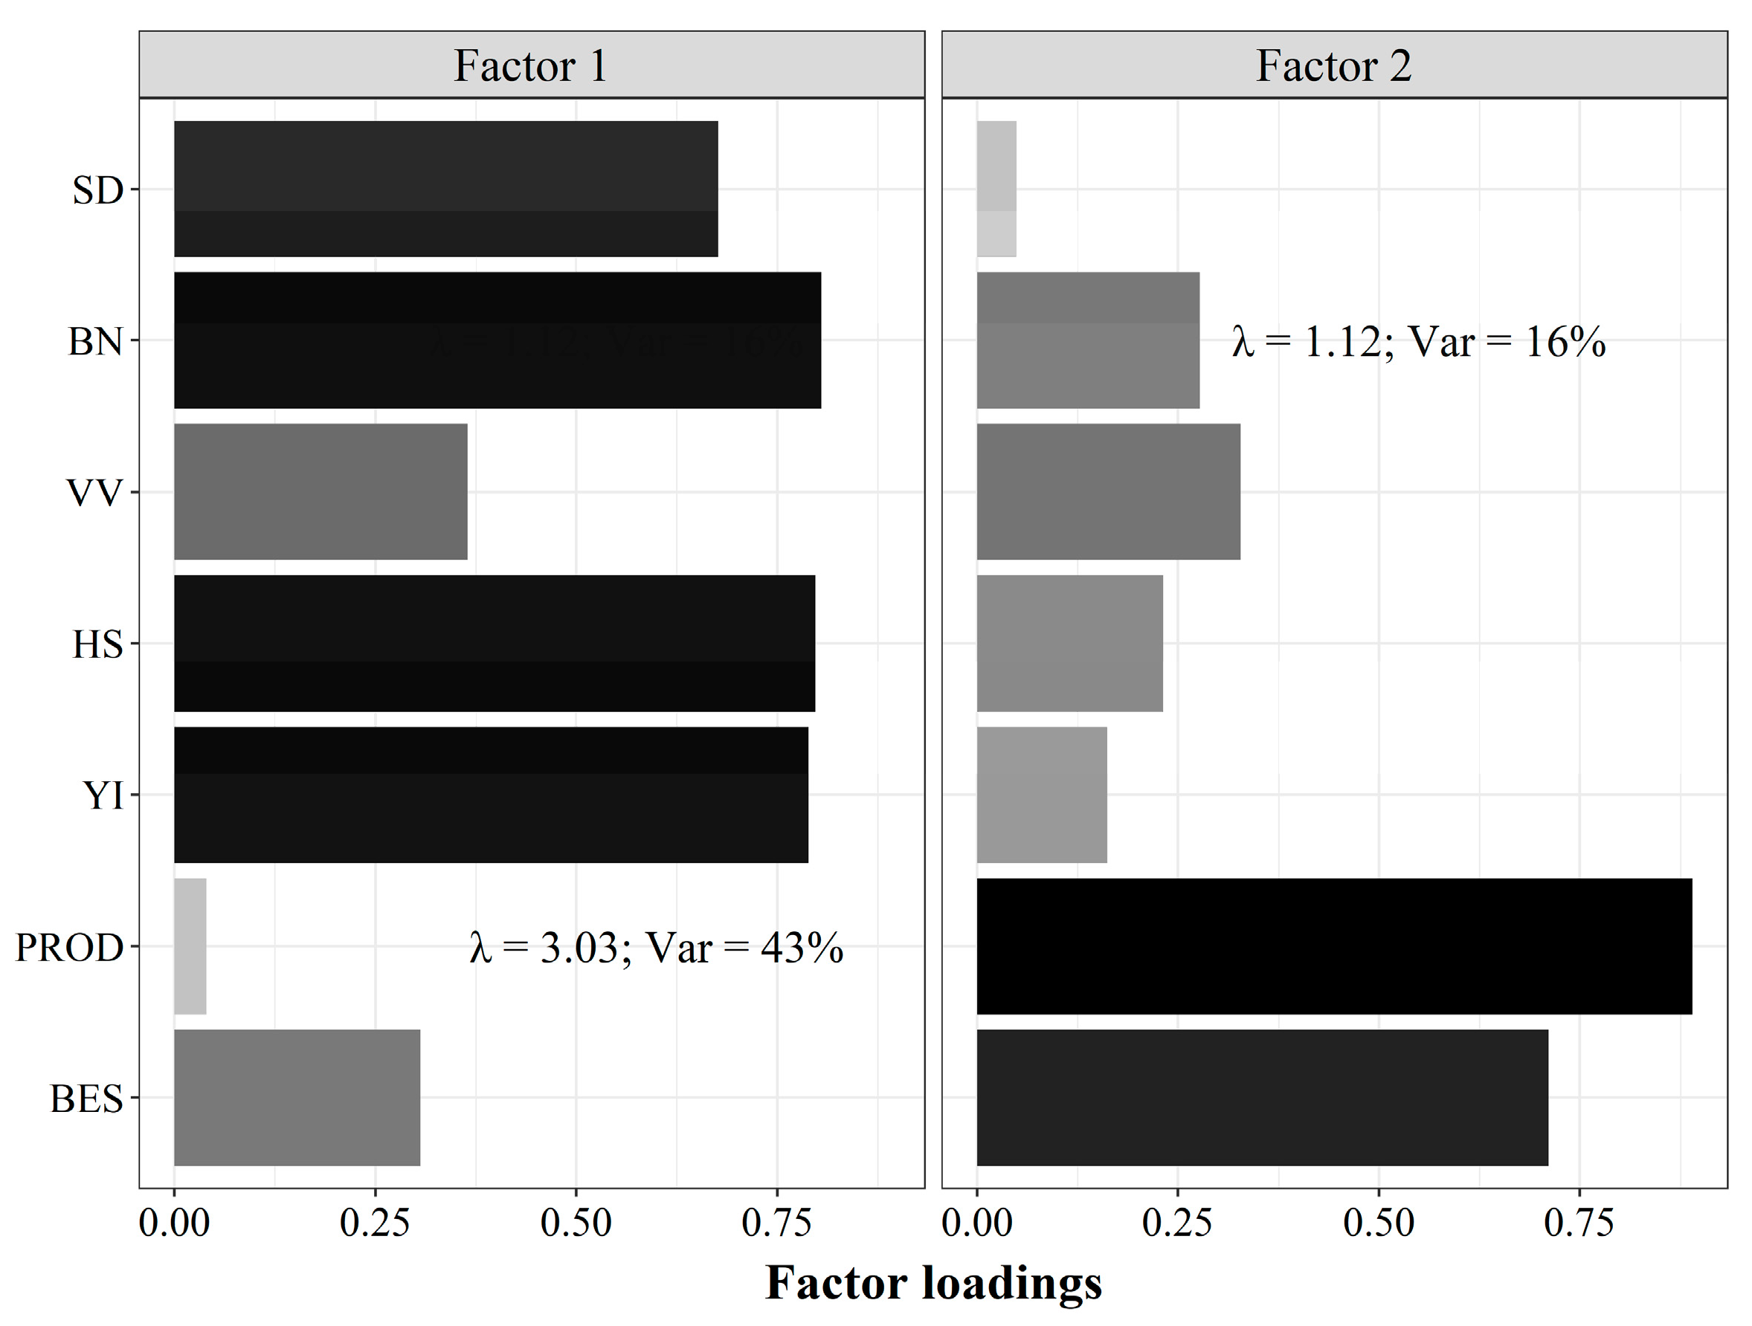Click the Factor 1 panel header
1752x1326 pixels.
[531, 65]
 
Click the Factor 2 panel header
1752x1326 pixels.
[1334, 65]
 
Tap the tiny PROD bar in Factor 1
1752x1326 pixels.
[190, 946]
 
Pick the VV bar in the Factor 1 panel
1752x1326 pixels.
[321, 491]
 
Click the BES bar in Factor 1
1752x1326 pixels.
[297, 1097]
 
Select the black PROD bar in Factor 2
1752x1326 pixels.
[1334, 946]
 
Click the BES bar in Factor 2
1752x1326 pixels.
[1263, 1097]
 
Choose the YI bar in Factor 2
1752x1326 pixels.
[1042, 795]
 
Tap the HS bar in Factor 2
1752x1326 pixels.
[1069, 643]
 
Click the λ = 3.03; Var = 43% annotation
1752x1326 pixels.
[657, 948]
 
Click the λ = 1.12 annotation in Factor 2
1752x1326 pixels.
[1419, 342]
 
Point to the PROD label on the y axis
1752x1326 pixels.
[70, 948]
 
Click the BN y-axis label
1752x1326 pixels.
[95, 342]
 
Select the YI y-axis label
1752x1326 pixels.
[103, 795]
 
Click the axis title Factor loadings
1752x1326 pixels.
[933, 1282]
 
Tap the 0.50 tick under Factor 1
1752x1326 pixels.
[576, 1223]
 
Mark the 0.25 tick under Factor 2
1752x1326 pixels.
[1177, 1223]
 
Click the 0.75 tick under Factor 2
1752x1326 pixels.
[1579, 1223]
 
